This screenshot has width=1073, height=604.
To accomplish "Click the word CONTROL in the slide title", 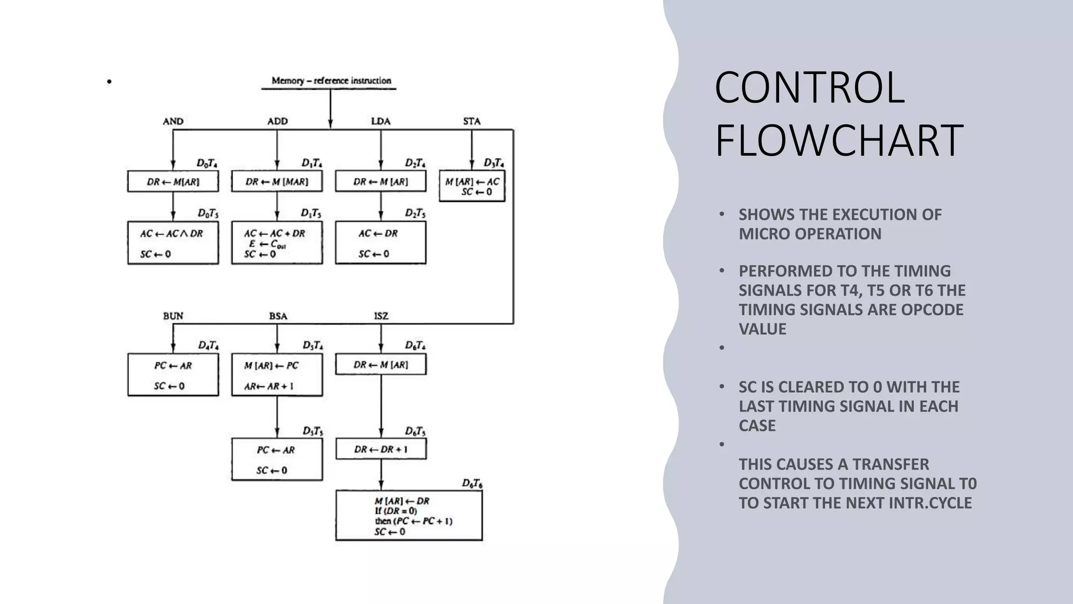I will pyautogui.click(x=809, y=88).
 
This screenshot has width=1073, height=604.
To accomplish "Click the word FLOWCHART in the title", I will pyautogui.click(x=839, y=141).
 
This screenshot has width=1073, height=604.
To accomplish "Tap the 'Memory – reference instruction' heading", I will pyautogui.click(x=331, y=81).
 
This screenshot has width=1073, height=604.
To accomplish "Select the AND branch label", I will pyautogui.click(x=173, y=121).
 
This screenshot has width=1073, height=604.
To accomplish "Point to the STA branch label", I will pyautogui.click(x=472, y=121).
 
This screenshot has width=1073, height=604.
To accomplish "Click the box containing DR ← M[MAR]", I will pyautogui.click(x=277, y=181).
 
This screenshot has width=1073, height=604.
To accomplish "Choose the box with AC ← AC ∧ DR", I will pyautogui.click(x=173, y=243).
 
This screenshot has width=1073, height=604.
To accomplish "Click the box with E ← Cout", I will pyautogui.click(x=277, y=243).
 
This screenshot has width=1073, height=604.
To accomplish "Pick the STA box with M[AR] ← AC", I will pyautogui.click(x=472, y=186).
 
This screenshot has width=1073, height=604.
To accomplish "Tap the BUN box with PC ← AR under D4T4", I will pyautogui.click(x=173, y=375).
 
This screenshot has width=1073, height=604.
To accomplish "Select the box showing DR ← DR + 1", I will pyautogui.click(x=381, y=449).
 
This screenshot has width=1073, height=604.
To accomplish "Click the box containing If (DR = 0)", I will pyautogui.click(x=409, y=515).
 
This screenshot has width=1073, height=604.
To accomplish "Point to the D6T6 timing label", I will pyautogui.click(x=472, y=483).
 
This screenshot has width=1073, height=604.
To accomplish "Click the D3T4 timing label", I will pyautogui.click(x=494, y=163).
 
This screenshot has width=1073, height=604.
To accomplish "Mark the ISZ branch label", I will pyautogui.click(x=381, y=316).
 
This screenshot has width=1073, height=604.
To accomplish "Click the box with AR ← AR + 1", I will pyautogui.click(x=277, y=375).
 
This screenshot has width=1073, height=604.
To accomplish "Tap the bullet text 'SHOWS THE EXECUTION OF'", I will pyautogui.click(x=840, y=214).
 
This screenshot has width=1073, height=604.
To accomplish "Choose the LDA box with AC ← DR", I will pyautogui.click(x=380, y=243).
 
